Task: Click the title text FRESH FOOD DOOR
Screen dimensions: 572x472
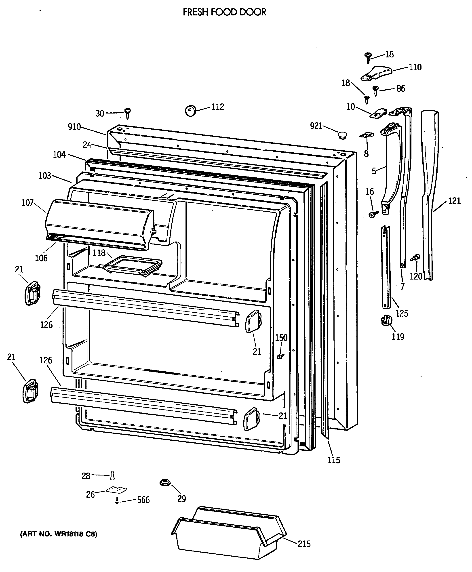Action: [x=225, y=12]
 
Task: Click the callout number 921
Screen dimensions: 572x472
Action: [x=316, y=126]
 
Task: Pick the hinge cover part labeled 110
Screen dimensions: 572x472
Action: [x=377, y=74]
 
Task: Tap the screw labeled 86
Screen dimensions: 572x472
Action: [x=375, y=90]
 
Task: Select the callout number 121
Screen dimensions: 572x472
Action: [x=454, y=201]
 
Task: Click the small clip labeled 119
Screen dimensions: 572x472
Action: [x=386, y=320]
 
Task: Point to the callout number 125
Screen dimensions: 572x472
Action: [x=402, y=313]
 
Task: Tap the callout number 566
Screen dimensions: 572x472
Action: [x=143, y=500]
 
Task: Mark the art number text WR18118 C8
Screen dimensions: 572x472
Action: [x=59, y=534]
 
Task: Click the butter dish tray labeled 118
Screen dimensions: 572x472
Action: [x=131, y=265]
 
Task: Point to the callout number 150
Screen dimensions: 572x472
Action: [x=281, y=338]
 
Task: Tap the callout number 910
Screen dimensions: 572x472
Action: [x=74, y=127]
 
